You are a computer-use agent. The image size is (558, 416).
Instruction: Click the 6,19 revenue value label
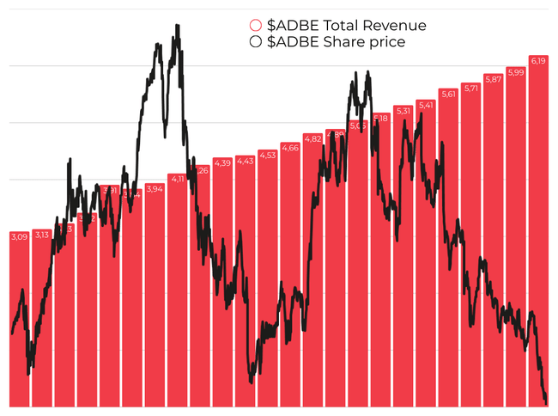(538, 61)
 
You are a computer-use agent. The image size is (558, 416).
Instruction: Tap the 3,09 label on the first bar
(19, 236)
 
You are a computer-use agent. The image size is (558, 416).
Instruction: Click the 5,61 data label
(448, 95)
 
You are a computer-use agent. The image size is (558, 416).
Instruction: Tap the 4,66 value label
(290, 147)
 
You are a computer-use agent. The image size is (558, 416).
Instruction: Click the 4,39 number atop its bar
(222, 162)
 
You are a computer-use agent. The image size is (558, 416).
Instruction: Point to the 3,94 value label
(155, 189)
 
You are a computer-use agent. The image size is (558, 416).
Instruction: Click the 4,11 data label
(178, 179)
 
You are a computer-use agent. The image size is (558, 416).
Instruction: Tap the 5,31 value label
(403, 110)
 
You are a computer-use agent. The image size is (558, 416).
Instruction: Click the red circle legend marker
(255, 26)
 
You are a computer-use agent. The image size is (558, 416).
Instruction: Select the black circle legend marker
(255, 41)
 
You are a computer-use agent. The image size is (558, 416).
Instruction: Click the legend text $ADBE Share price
(337, 41)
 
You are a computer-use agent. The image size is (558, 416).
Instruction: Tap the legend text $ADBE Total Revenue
(347, 26)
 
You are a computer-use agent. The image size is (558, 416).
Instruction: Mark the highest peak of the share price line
(178, 26)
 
